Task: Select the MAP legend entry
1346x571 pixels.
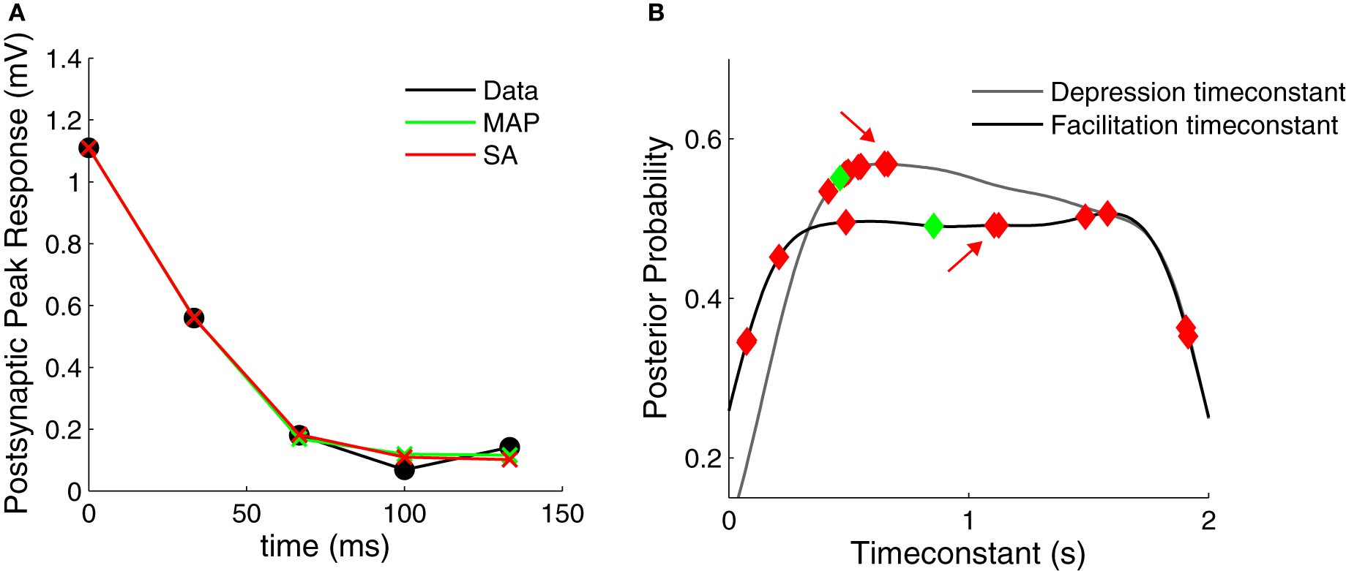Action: (x=511, y=123)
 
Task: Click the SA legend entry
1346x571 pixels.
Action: (x=500, y=155)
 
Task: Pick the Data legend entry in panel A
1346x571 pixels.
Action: (x=510, y=91)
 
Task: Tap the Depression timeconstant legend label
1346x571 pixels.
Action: (x=1197, y=92)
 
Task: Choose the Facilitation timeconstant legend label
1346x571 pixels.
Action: (x=1194, y=125)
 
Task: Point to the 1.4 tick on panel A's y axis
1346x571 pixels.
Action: (x=64, y=58)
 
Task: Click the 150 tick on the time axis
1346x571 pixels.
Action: (x=562, y=514)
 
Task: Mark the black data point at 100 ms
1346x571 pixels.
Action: (x=404, y=469)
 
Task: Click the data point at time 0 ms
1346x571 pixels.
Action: (x=89, y=148)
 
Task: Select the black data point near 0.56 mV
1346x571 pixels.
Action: (x=193, y=317)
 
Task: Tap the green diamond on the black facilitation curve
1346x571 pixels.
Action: (x=932, y=226)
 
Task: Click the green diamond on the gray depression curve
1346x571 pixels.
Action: (x=840, y=177)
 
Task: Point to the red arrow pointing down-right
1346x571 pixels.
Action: (x=857, y=126)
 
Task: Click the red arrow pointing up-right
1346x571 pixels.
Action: (x=964, y=257)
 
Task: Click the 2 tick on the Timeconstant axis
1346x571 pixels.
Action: (x=1208, y=521)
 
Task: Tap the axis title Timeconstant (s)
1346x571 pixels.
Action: (x=968, y=553)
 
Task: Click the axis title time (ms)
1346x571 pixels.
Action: (x=325, y=546)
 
